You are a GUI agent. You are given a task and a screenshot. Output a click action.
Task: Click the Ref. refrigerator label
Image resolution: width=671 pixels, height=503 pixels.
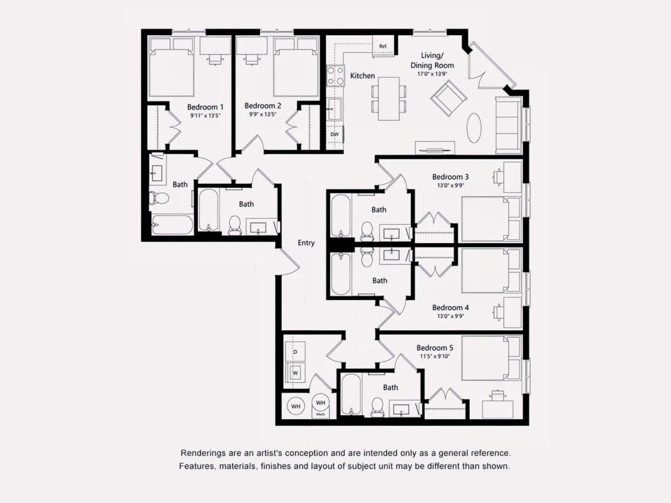[x=383, y=46]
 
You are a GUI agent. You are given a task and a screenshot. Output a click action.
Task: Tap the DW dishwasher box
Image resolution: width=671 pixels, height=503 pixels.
[x=335, y=134]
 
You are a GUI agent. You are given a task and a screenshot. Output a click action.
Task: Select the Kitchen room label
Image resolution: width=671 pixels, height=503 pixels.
[x=362, y=76]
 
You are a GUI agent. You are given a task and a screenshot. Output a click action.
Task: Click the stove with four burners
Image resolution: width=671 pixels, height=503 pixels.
[x=335, y=76]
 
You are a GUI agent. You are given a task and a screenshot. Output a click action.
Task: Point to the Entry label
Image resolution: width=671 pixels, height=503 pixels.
[x=306, y=243]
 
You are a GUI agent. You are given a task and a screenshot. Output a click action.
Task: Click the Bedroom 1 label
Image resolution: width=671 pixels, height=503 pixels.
[x=205, y=107]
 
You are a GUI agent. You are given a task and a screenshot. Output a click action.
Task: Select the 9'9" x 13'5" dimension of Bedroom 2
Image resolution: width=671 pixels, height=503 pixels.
[x=263, y=115]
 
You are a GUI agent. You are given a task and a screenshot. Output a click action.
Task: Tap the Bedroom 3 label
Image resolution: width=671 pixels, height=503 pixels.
[x=450, y=177]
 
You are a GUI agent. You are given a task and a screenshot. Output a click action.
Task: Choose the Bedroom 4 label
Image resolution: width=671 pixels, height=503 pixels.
[x=450, y=307]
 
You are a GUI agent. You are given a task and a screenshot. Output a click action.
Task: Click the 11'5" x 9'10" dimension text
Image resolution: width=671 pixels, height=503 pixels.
[x=434, y=356]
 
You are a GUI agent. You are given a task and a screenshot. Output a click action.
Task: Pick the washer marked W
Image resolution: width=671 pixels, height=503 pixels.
[x=295, y=372]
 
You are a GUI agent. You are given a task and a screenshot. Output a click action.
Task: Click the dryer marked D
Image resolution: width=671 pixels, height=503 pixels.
[x=295, y=352]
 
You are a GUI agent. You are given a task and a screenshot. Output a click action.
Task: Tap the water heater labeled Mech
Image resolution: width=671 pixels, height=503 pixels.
[x=320, y=406]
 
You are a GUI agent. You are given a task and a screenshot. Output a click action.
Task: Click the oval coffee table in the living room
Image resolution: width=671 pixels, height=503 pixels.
[x=474, y=128]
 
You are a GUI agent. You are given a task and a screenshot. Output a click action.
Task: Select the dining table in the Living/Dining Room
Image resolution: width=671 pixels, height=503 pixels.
[x=389, y=99]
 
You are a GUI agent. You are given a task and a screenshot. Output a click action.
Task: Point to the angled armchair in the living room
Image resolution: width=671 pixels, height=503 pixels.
[x=448, y=98]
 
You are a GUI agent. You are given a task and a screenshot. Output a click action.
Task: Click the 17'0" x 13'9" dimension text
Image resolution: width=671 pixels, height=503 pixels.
[x=432, y=74]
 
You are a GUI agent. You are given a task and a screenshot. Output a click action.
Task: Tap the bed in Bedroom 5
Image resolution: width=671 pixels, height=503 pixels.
[x=491, y=358]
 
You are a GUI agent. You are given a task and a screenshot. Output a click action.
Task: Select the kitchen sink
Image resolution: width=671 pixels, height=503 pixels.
[x=334, y=109]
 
